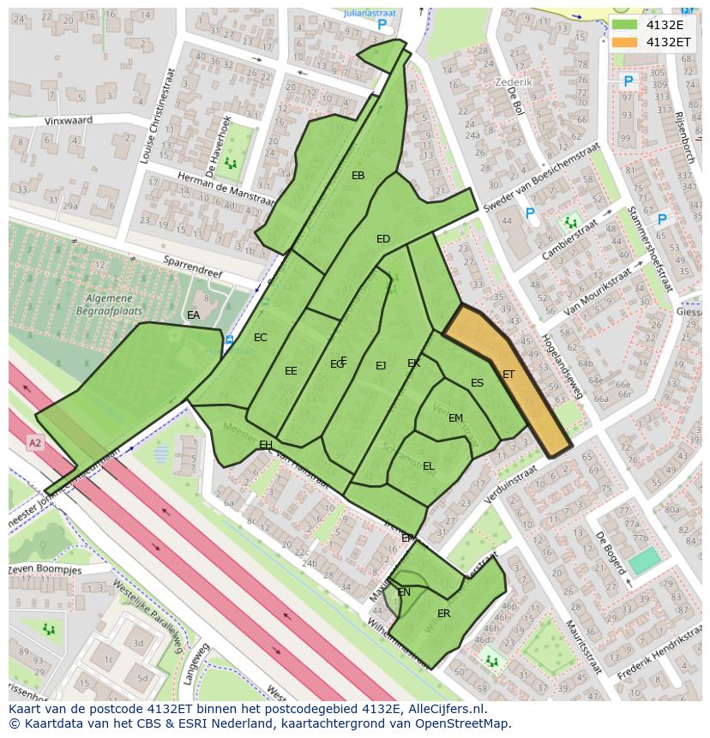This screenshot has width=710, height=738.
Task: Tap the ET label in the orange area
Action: pyautogui.click(x=508, y=375)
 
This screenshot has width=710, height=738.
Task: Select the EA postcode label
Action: pyautogui.click(x=194, y=315)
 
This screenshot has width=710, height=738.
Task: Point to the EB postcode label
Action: pyautogui.click(x=358, y=176)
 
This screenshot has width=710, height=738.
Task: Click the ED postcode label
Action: pyautogui.click(x=383, y=239)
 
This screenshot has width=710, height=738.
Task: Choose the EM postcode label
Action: pyautogui.click(x=455, y=418)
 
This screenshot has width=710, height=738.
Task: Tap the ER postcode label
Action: pyautogui.click(x=443, y=614)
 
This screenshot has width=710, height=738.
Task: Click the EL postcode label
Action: pyautogui.click(x=429, y=466)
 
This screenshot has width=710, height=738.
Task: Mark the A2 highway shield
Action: pyautogui.click(x=34, y=443)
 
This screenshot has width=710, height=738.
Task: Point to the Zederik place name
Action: pyautogui.click(x=514, y=82)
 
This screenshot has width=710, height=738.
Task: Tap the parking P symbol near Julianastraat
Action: pyautogui.click(x=382, y=26)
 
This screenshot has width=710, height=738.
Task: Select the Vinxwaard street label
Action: pyautogui.click(x=69, y=122)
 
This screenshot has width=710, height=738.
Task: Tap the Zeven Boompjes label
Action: pyautogui.click(x=45, y=570)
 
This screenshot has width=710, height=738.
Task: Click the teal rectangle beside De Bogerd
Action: pyautogui.click(x=645, y=561)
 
